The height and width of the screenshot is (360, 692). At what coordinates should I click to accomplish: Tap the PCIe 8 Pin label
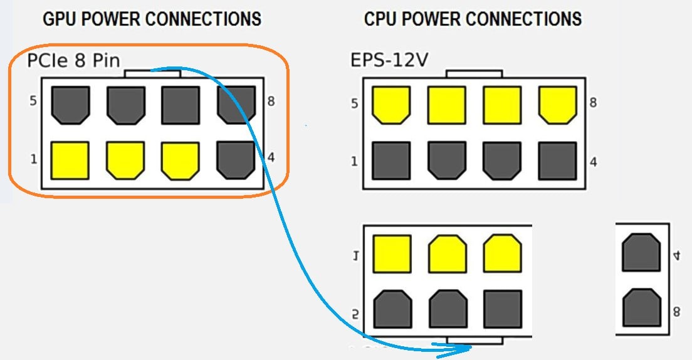tap(73, 61)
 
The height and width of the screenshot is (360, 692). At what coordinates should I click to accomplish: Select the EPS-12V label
tap(389, 61)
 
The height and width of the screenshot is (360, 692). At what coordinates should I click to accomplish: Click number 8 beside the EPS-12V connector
tap(593, 103)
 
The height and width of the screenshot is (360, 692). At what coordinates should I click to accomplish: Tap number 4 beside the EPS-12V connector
tap(593, 162)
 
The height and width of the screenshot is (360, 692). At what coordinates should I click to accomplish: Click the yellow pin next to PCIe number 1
tap(70, 160)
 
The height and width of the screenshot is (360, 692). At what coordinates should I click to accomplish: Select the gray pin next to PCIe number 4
tap(236, 160)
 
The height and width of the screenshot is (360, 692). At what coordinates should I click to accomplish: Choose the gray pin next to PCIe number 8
tap(236, 103)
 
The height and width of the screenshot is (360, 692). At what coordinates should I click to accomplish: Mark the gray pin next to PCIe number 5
tap(70, 104)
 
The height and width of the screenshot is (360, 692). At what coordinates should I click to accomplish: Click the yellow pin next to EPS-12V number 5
tap(391, 104)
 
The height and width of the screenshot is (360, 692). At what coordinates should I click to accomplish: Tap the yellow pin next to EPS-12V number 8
tap(557, 104)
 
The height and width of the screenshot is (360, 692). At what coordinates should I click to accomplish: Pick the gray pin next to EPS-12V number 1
tap(391, 161)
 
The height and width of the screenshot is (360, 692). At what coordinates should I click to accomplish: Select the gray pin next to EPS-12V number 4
tap(557, 161)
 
